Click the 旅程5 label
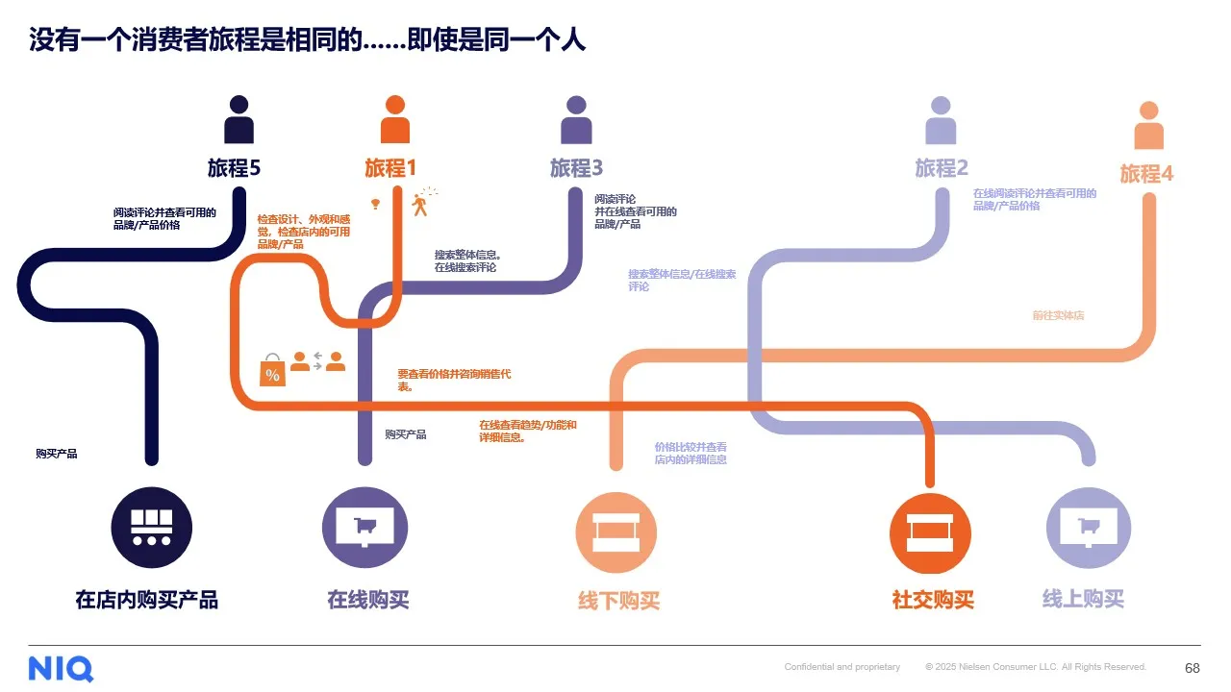pyautogui.click(x=234, y=168)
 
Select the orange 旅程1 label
pyautogui.click(x=390, y=168)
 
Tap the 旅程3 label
pyautogui.click(x=576, y=168)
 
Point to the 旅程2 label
pyautogui.click(x=941, y=168)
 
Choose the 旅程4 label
pyautogui.click(x=1146, y=174)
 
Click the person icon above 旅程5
pyautogui.click(x=239, y=120)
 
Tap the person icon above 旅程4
pyautogui.click(x=1148, y=126)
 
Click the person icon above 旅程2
pyautogui.click(x=941, y=120)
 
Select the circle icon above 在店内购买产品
pyautogui.click(x=152, y=527)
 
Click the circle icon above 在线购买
pyautogui.click(x=364, y=527)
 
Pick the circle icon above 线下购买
pyautogui.click(x=616, y=532)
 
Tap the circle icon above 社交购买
pyautogui.click(x=930, y=532)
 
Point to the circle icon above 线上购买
pyautogui.click(x=1088, y=527)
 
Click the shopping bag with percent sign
pyautogui.click(x=272, y=371)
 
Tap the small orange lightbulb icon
pyautogui.click(x=376, y=204)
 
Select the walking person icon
pyautogui.click(x=419, y=203)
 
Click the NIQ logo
pyautogui.click(x=61, y=667)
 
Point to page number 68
pyautogui.click(x=1192, y=667)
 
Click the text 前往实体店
pyautogui.click(x=1058, y=315)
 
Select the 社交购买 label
pyautogui.click(x=933, y=600)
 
